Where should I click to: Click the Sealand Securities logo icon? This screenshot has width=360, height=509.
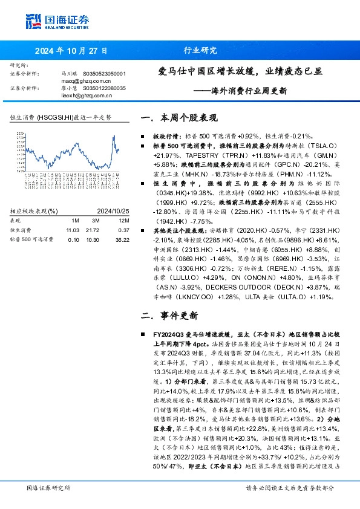[32, 21]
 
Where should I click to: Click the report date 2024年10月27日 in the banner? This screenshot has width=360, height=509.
[72, 50]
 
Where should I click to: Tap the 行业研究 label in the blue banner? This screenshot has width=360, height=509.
[198, 50]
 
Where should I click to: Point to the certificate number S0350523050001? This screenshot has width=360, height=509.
[105, 73]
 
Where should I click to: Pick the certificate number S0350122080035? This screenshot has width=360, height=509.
[105, 88]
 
